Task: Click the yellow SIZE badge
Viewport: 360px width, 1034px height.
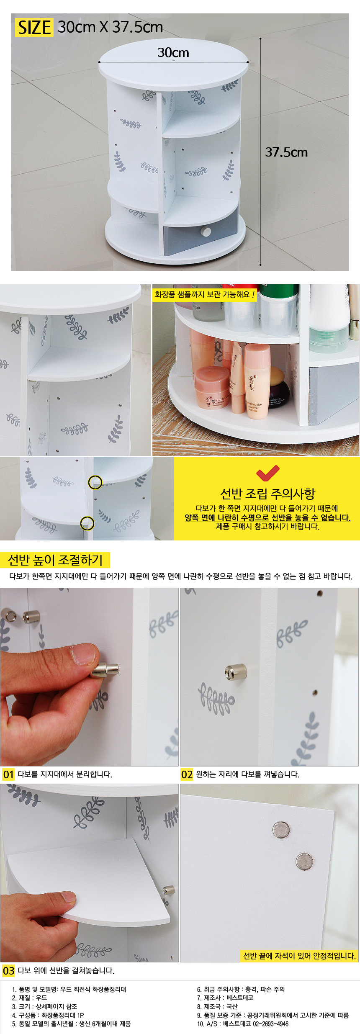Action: click(34, 27)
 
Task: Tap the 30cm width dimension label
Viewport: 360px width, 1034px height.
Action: click(173, 53)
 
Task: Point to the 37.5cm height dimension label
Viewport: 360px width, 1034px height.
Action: click(286, 152)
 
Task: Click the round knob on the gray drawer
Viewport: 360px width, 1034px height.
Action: click(206, 231)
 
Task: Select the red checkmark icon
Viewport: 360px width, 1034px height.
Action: click(267, 473)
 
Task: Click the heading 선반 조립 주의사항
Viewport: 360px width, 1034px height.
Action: click(267, 494)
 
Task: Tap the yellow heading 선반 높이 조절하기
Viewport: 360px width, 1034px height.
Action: click(55, 560)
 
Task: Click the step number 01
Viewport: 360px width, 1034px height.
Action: click(8, 774)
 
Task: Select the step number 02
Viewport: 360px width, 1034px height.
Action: click(187, 774)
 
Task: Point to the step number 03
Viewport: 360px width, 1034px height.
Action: click(8, 970)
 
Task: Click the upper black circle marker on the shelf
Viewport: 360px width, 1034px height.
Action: click(95, 482)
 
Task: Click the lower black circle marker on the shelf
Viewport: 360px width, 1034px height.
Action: click(87, 523)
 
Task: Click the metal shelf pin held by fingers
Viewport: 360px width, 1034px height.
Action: click(105, 670)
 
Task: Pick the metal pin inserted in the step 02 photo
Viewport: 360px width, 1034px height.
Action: click(236, 672)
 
